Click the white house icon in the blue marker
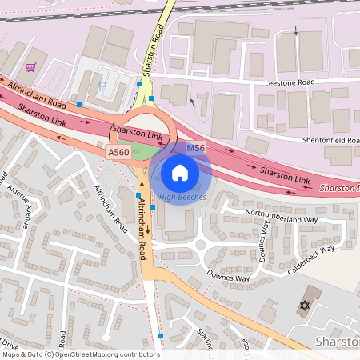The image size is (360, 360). click(180, 172)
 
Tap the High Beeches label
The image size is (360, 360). click(182, 197)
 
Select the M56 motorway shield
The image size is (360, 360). click(196, 149)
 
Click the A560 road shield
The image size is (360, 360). click(118, 152)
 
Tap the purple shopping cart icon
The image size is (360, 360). click(30, 68)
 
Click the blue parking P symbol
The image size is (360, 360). click(102, 84)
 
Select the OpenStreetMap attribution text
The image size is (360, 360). click(80, 354)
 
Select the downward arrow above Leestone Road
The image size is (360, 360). click(297, 33)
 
